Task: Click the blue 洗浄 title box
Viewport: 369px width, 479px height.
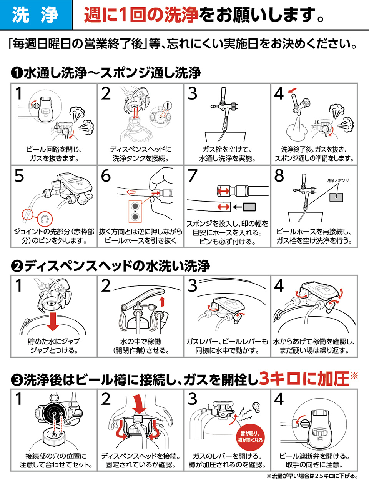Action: pos(36,15)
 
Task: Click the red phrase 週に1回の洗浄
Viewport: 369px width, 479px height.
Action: pos(141,15)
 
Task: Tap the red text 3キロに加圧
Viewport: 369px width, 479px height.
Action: pos(304,379)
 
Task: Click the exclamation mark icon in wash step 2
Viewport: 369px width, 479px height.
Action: pos(168,105)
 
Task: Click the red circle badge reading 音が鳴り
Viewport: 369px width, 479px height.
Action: pos(250,437)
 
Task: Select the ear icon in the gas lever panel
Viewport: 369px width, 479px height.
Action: pos(256,406)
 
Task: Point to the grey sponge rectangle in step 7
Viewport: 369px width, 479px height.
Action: pos(249,207)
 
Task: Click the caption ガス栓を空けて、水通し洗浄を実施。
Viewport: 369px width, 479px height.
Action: pos(227,154)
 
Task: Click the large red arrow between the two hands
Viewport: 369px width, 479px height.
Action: pos(139,403)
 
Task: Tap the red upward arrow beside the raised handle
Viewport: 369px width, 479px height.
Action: pos(162,301)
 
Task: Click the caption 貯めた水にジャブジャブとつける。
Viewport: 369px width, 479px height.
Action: pos(53,345)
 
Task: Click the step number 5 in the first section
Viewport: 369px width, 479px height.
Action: pos(19,176)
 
